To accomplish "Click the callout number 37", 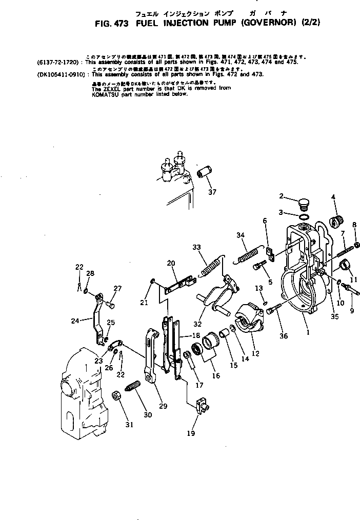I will (x=212, y=192).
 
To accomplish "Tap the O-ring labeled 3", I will (x=304, y=212).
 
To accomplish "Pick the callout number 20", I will (x=171, y=263).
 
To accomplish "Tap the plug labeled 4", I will (x=337, y=221).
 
